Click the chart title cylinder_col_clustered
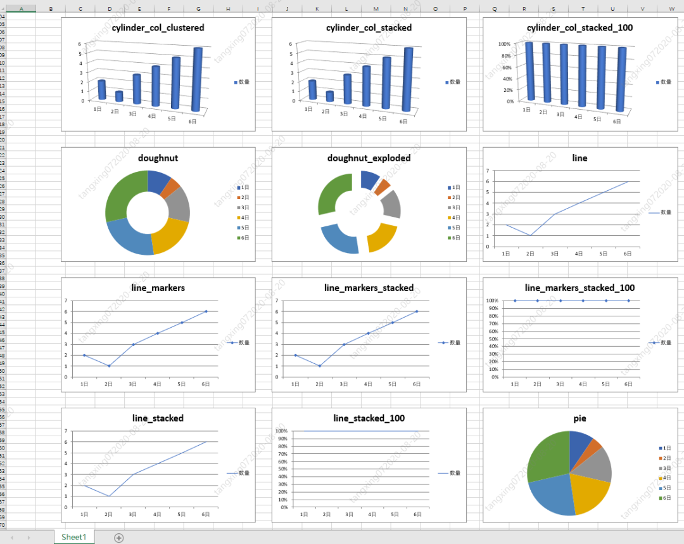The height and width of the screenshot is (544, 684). point(158,28)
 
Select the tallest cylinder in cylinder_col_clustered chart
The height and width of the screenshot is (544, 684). point(198,79)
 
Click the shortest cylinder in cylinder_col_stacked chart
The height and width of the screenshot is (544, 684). point(329,96)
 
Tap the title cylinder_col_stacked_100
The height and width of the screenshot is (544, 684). point(579,28)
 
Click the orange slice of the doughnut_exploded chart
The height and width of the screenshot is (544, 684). point(382,186)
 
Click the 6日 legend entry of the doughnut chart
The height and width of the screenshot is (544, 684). point(244,238)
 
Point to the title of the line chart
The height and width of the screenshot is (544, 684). point(579,158)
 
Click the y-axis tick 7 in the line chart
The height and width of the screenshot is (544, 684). point(487,171)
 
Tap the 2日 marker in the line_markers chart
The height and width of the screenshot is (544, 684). point(108,366)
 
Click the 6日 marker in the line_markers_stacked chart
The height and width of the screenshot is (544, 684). point(417,311)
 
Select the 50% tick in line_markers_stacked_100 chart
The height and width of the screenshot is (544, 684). point(493,339)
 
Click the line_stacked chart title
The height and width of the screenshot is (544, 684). point(158,418)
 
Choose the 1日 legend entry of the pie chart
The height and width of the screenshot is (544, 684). point(666,448)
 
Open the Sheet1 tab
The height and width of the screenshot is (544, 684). point(73,537)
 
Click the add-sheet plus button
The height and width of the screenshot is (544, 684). point(118,538)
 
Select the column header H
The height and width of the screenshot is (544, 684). point(228,9)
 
